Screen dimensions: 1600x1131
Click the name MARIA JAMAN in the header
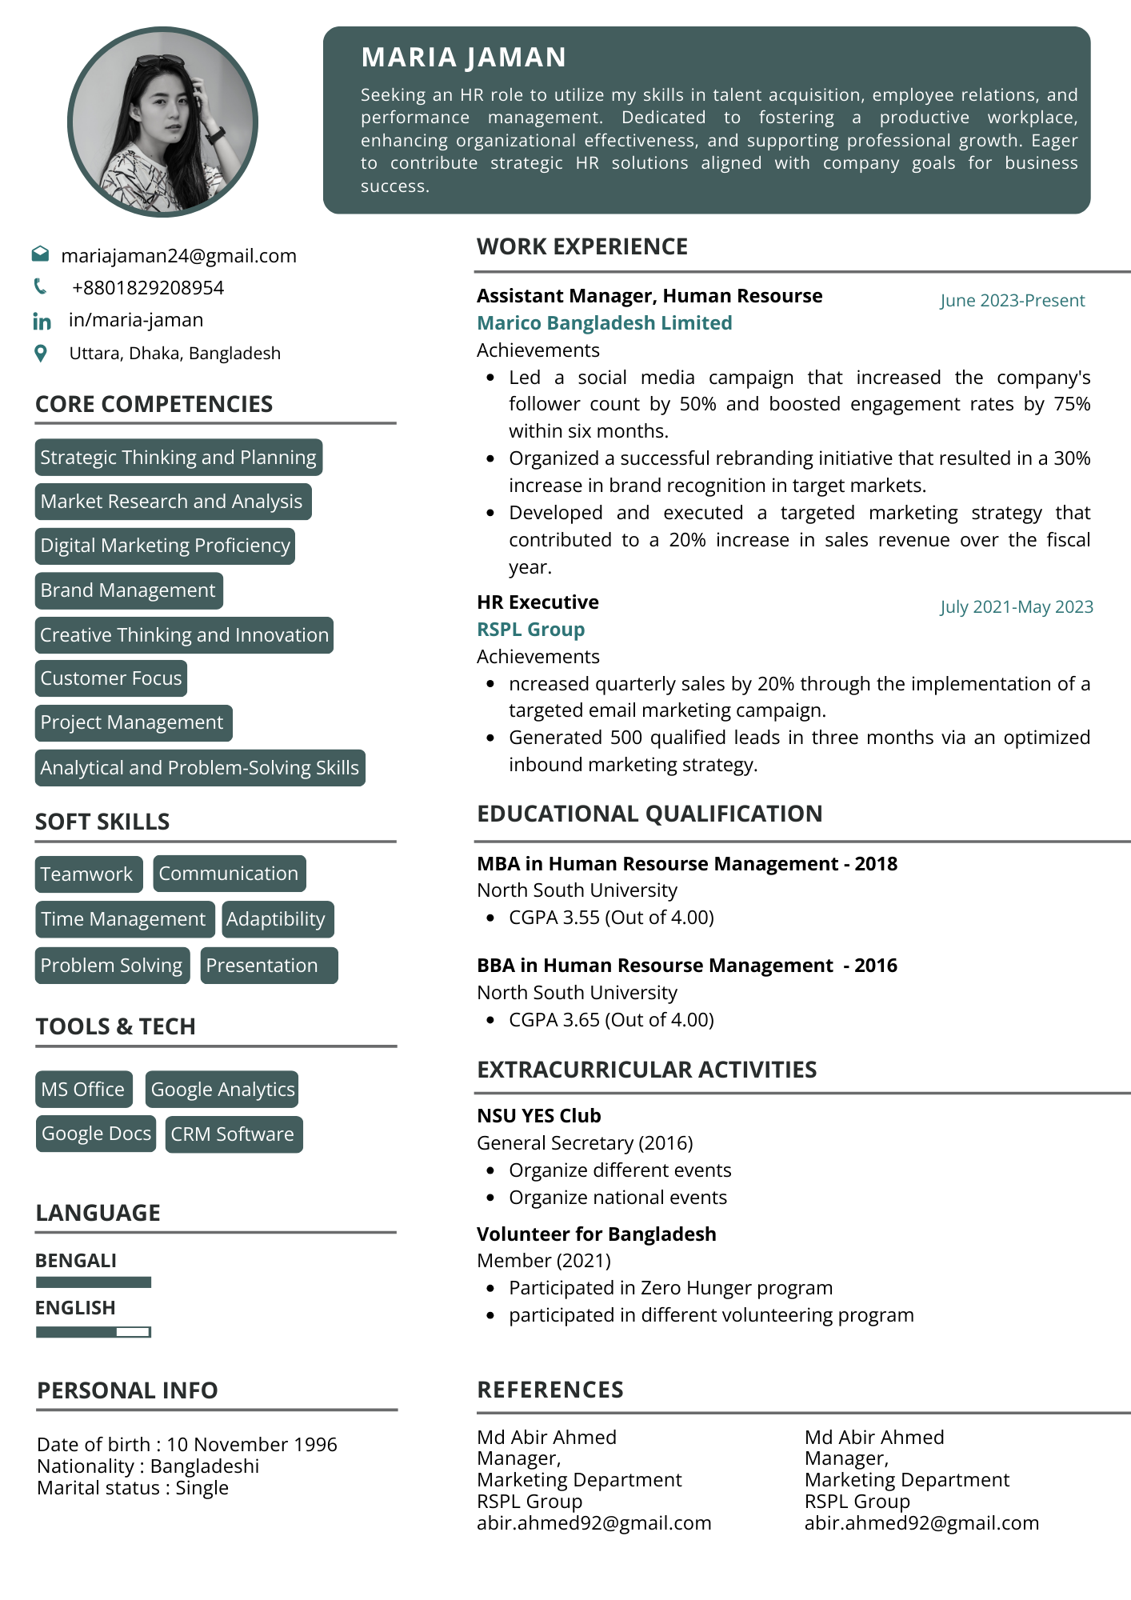(463, 58)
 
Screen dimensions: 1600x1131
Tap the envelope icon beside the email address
(40, 254)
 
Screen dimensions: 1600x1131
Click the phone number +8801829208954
(147, 288)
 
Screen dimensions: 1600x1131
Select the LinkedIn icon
(42, 322)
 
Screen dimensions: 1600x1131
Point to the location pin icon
(41, 353)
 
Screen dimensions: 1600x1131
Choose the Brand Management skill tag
(128, 590)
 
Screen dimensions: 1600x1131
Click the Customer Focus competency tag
(111, 678)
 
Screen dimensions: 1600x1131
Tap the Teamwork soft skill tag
(87, 874)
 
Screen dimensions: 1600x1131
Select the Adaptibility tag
(276, 919)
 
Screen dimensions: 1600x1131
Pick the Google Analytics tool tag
(222, 1090)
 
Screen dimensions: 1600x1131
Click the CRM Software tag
(233, 1134)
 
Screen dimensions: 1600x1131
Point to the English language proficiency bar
(94, 1332)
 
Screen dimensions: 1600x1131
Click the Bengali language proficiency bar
(94, 1282)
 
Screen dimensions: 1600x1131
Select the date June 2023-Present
(1012, 301)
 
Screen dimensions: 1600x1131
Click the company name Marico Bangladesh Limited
(604, 323)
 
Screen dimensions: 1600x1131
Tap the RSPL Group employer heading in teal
(530, 630)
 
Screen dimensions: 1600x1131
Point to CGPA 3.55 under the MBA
(611, 918)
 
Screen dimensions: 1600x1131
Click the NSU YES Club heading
(538, 1116)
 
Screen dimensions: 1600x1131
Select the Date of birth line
(186, 1445)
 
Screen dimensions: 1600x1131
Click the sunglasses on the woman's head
(159, 61)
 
